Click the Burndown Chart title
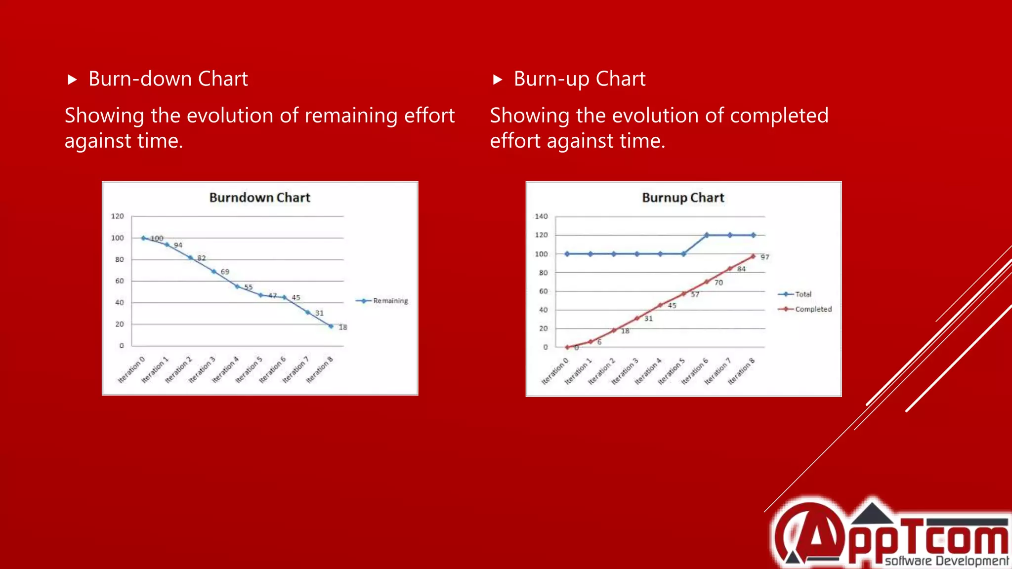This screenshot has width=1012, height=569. click(x=259, y=198)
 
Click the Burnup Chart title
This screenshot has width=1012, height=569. click(x=683, y=198)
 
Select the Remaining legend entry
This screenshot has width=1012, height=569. click(x=390, y=301)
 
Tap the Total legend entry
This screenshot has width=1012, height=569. click(x=802, y=294)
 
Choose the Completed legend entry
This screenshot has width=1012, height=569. click(x=813, y=309)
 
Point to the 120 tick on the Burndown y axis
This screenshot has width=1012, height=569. click(x=117, y=216)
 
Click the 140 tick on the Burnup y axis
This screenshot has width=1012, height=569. click(x=541, y=216)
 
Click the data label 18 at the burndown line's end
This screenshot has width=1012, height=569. click(x=343, y=327)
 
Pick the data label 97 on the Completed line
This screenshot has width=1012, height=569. click(x=765, y=257)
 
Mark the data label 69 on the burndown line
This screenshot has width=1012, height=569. click(x=225, y=272)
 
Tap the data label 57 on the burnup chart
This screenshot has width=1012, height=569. click(x=695, y=294)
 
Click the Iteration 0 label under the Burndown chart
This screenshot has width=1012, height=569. click(x=131, y=370)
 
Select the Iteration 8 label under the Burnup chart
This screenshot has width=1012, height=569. click(x=741, y=371)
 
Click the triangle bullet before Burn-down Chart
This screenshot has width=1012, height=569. click(x=72, y=80)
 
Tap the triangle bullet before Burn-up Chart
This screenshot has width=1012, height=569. click(x=498, y=80)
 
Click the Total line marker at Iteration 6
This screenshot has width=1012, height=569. click(x=707, y=235)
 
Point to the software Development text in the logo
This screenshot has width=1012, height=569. click(x=946, y=561)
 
